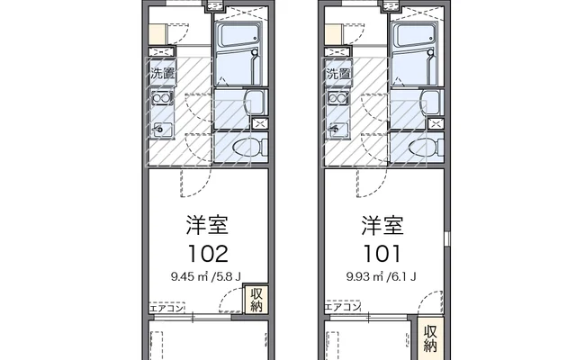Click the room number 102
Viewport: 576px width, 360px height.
coord(208,254)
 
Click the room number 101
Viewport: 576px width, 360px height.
coord(382,254)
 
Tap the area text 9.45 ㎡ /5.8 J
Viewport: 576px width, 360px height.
coord(206,276)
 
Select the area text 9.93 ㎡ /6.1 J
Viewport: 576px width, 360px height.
coord(382,276)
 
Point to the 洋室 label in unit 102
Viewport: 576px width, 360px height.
coord(208,225)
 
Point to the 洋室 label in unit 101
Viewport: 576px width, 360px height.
coord(382,225)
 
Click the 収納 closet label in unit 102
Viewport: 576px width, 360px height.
coord(256,300)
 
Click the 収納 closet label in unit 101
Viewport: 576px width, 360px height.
coord(430,338)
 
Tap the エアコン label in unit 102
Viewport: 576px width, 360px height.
coord(166,308)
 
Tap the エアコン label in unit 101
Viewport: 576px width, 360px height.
coord(342,307)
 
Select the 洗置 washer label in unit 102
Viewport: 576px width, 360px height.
coord(162,74)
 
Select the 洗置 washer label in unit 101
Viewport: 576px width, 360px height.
coord(338,74)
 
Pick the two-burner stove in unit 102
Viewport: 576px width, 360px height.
coord(162,98)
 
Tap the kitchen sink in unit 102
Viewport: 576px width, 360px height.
coord(162,130)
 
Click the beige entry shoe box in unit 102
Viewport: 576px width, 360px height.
coord(158,34)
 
